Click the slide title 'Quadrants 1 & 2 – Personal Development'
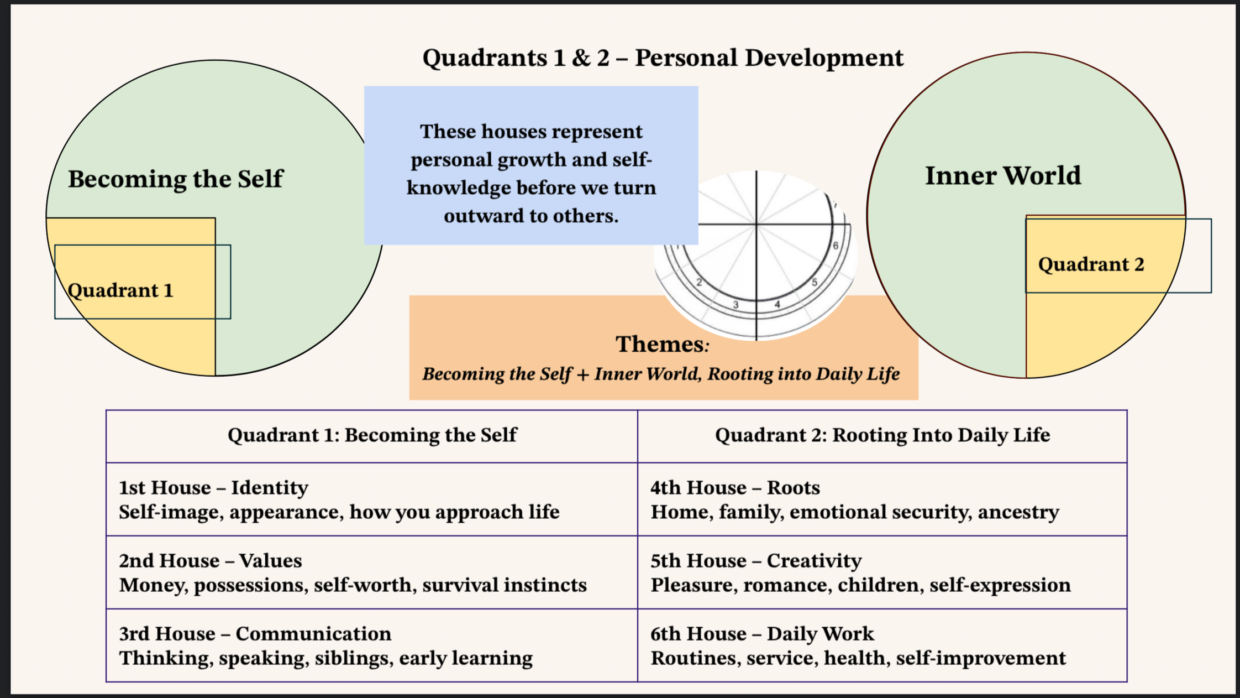(663, 58)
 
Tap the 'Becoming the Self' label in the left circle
(175, 179)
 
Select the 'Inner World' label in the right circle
(1002, 176)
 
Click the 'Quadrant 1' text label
(120, 290)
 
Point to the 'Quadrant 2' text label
(1091, 264)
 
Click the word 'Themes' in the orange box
(659, 344)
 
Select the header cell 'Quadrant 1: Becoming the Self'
(372, 435)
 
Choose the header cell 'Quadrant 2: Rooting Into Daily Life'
(882, 435)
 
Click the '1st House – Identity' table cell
(372, 499)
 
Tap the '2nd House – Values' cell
(372, 572)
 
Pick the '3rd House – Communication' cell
(372, 645)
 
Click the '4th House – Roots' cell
(882, 499)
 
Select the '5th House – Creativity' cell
(882, 572)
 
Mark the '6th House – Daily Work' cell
(882, 645)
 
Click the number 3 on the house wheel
(735, 305)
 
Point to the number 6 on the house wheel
(836, 246)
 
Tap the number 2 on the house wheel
(699, 283)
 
